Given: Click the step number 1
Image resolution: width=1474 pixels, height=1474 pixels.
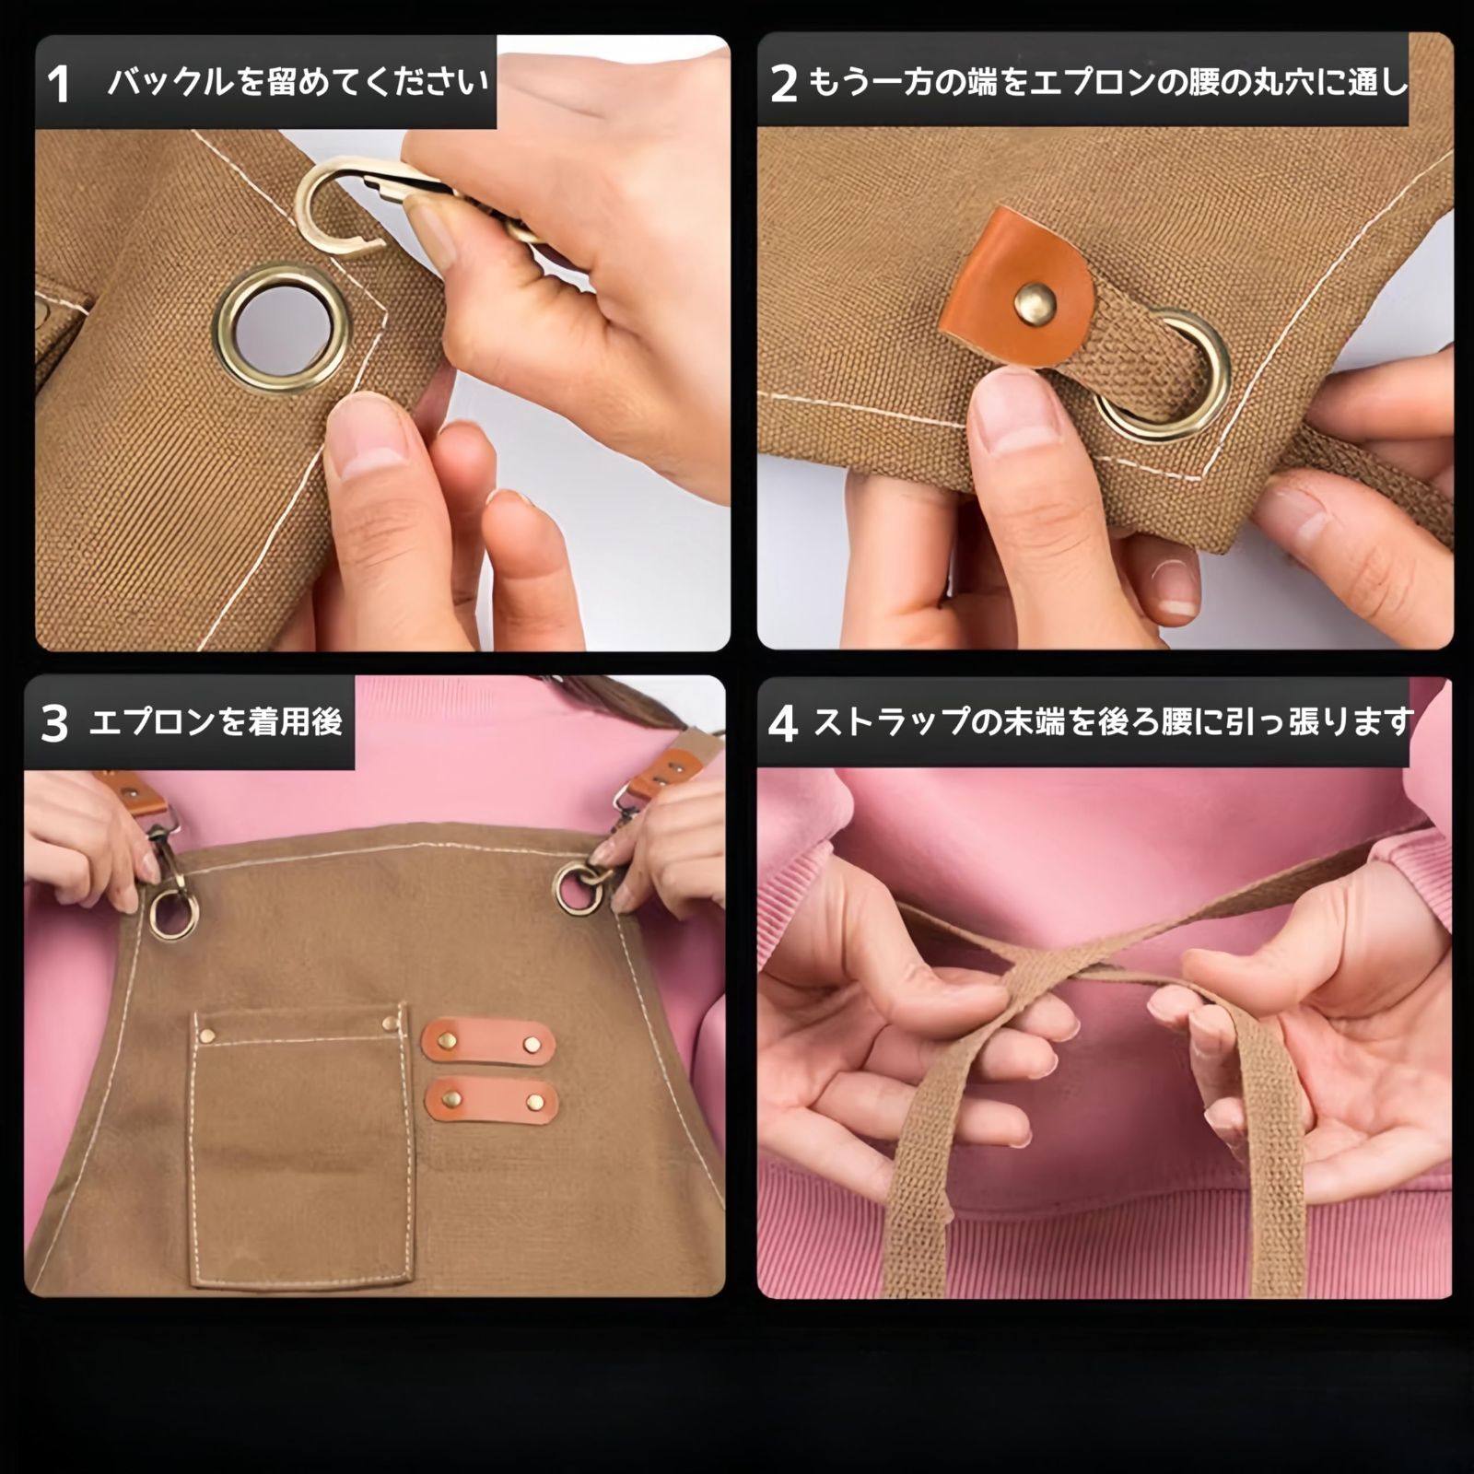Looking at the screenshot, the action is pos(58,85).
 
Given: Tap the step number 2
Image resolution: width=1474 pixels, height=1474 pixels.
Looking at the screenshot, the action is pos(783,84).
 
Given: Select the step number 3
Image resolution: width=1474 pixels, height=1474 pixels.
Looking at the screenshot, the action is pos(54,723).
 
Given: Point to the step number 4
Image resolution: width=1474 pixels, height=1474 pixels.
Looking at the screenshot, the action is pos(782,723).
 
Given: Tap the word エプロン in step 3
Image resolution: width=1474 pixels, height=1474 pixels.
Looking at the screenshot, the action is pos(154,722).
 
